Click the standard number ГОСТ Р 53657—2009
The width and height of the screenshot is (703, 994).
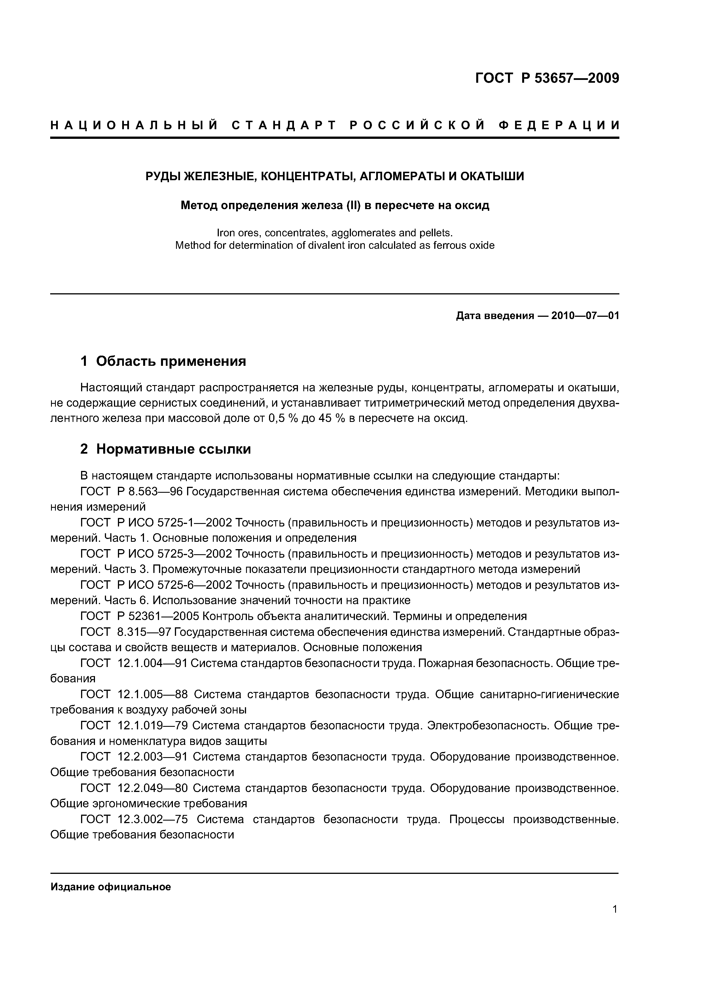[547, 78]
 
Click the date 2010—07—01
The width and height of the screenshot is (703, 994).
[585, 316]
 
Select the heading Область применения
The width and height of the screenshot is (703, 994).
[171, 361]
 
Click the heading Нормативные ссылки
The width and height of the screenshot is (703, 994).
[173, 449]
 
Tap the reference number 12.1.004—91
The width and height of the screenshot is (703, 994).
[152, 663]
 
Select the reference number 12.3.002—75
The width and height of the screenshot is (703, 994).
[154, 819]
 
